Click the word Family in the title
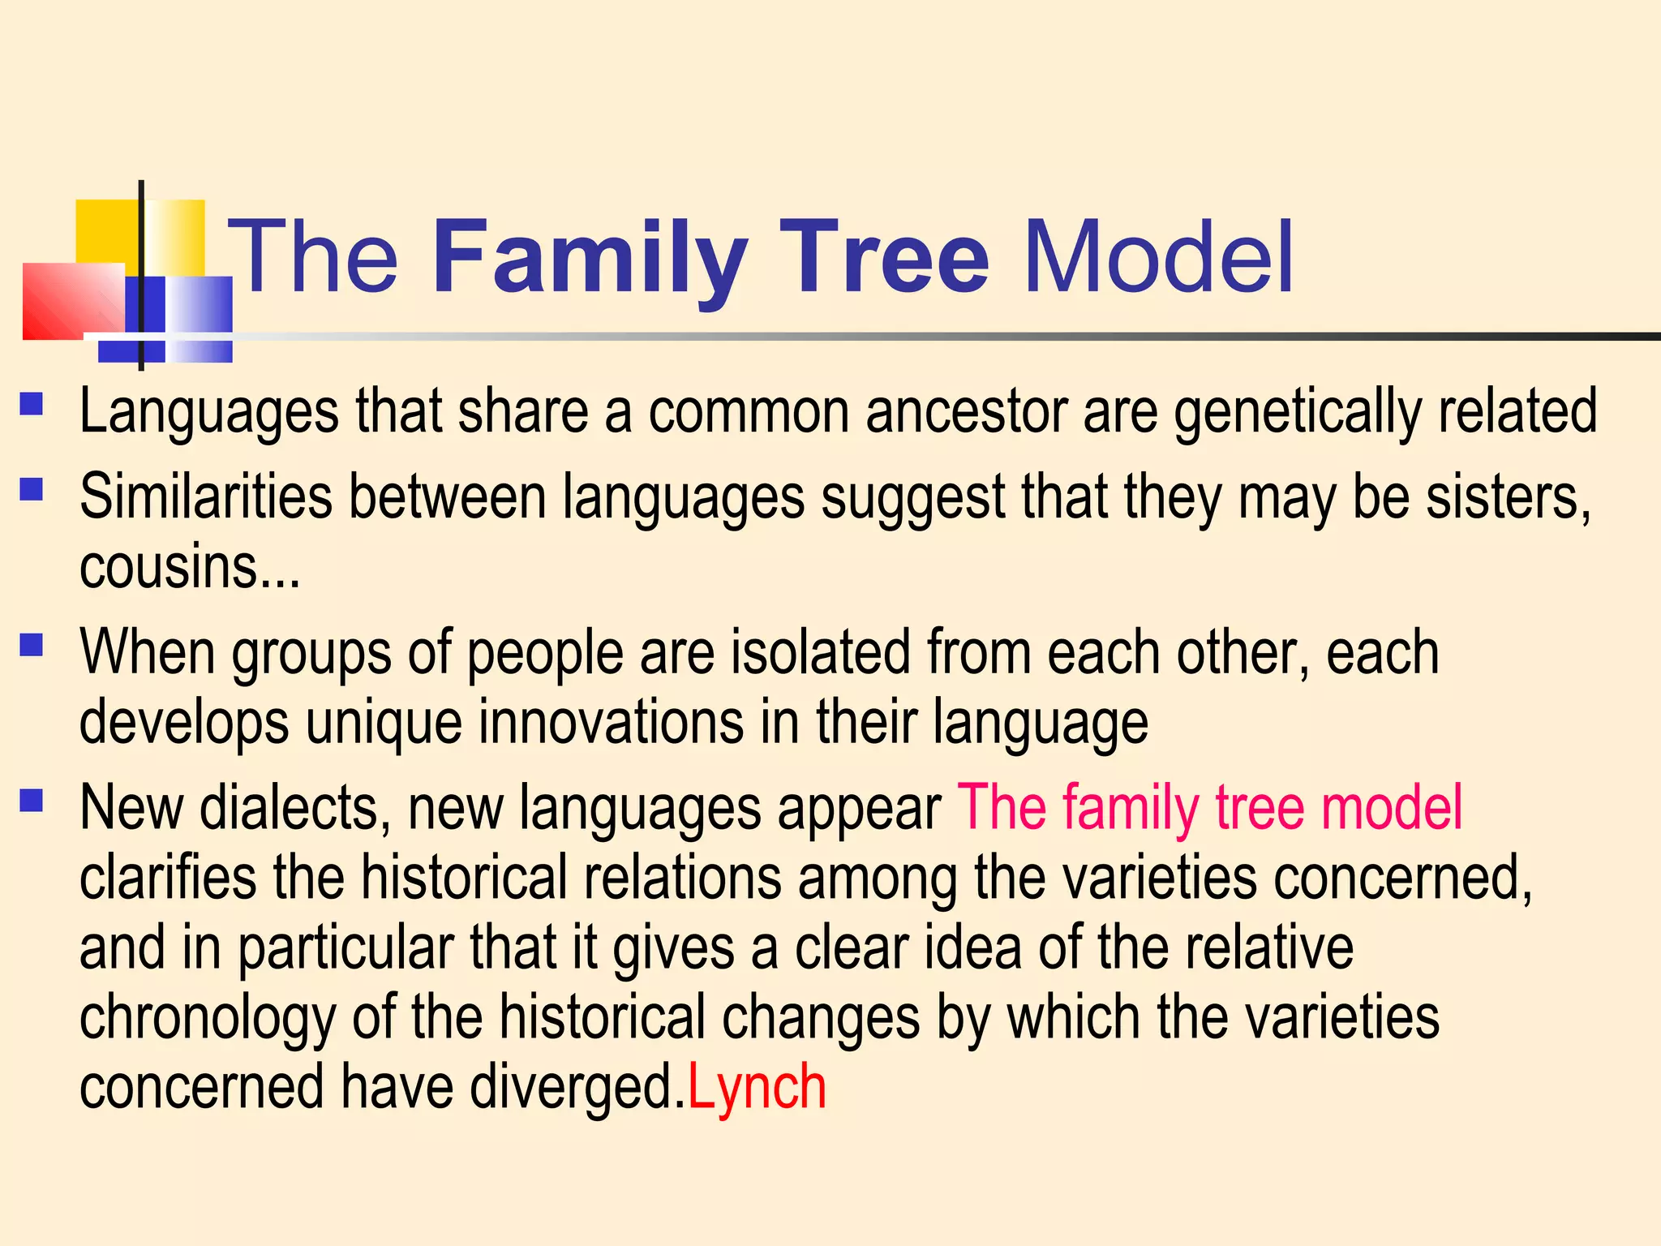[590, 258]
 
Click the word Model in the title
[1158, 258]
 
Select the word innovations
[611, 721]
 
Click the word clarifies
[167, 878]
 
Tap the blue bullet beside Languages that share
[32, 403]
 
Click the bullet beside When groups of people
[32, 644]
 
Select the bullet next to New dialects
[32, 801]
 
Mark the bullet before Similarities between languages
[32, 488]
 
